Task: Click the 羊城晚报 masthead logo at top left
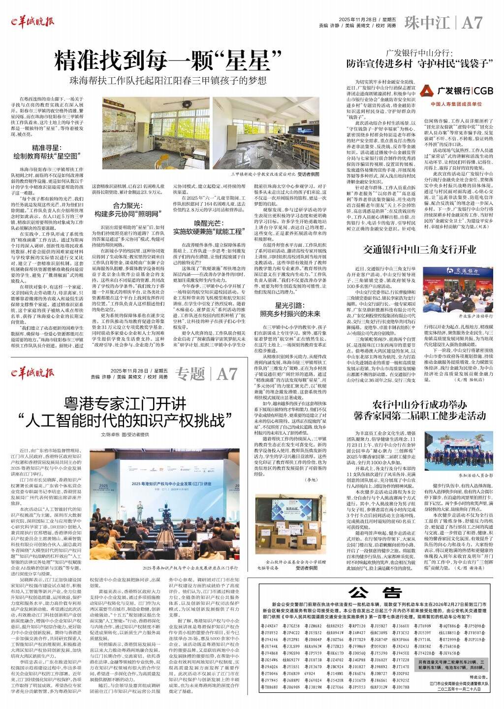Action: [x=32, y=21]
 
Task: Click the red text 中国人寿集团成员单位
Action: [x=456, y=104]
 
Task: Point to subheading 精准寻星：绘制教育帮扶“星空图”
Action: [x=46, y=152]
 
